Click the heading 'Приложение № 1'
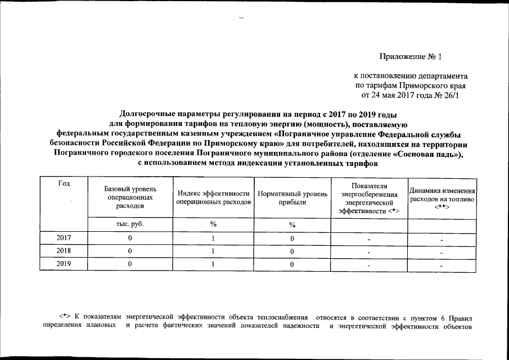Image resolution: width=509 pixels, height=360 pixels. pyautogui.click(x=411, y=56)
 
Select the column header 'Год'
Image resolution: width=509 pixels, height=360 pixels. pyautogui.click(x=64, y=184)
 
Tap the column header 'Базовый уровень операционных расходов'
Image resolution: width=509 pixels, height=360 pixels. pyautogui.click(x=130, y=198)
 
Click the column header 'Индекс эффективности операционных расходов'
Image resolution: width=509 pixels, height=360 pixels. pyautogui.click(x=213, y=197)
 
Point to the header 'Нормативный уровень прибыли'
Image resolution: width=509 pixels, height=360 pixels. pyautogui.click(x=292, y=197)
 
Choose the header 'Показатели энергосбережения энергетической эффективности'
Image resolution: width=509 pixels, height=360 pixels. pyautogui.click(x=368, y=198)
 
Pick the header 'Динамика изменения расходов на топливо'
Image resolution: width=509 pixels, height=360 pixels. pyautogui.click(x=442, y=198)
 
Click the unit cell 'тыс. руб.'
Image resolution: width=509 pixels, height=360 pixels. pyautogui.click(x=130, y=224)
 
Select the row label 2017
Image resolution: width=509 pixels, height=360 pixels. pyautogui.click(x=64, y=238)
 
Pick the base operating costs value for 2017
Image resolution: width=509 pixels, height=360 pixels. pyautogui.click(x=130, y=238)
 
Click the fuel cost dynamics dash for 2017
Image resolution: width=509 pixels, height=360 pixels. pyautogui.click(x=442, y=240)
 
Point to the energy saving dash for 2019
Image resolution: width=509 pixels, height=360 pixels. pyautogui.click(x=368, y=265)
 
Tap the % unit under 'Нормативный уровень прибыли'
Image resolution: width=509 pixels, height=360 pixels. pyautogui.click(x=292, y=224)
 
